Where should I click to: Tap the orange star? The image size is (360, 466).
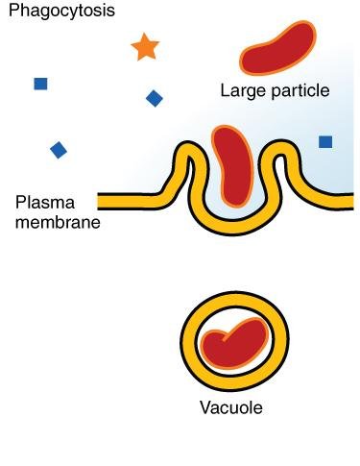click(144, 47)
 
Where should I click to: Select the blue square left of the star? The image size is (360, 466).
click(40, 84)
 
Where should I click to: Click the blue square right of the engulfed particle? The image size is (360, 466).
click(325, 142)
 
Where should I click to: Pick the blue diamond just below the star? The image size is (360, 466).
click(154, 98)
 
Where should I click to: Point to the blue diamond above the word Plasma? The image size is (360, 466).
click(59, 149)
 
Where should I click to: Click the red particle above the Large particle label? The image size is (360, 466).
click(276, 52)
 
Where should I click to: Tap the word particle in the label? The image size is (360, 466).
click(299, 92)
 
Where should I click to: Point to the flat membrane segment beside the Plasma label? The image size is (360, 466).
click(134, 202)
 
